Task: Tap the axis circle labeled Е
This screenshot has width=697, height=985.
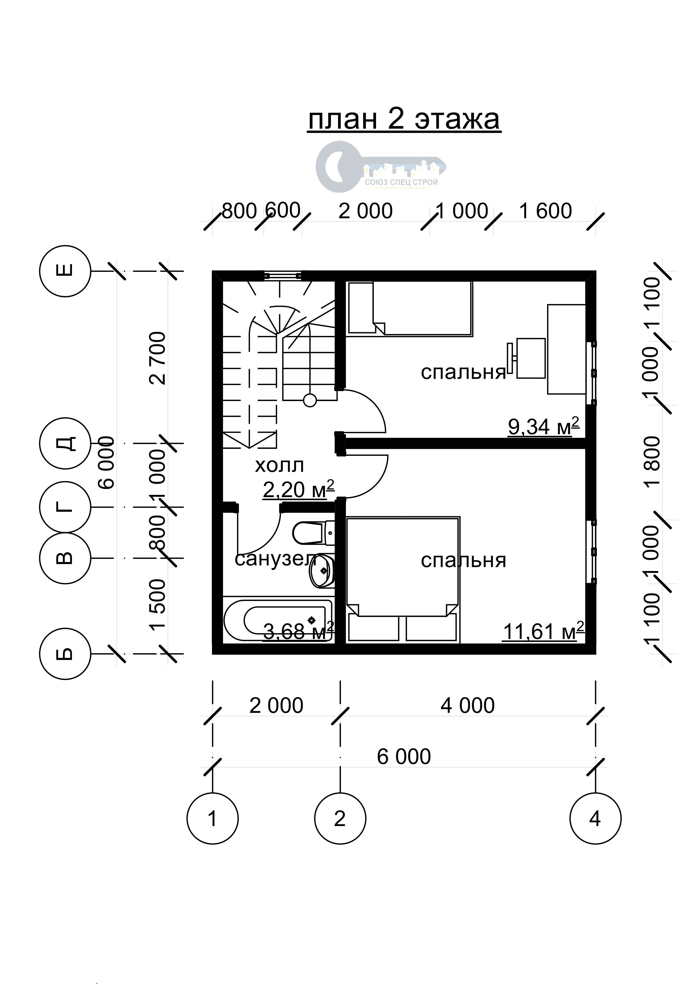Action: tap(65, 271)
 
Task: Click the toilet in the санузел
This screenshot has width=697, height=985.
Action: tap(311, 533)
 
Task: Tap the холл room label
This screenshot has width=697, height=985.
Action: tap(279, 465)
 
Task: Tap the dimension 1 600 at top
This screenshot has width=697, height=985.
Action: tap(546, 211)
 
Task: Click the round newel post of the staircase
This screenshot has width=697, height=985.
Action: tap(310, 401)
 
